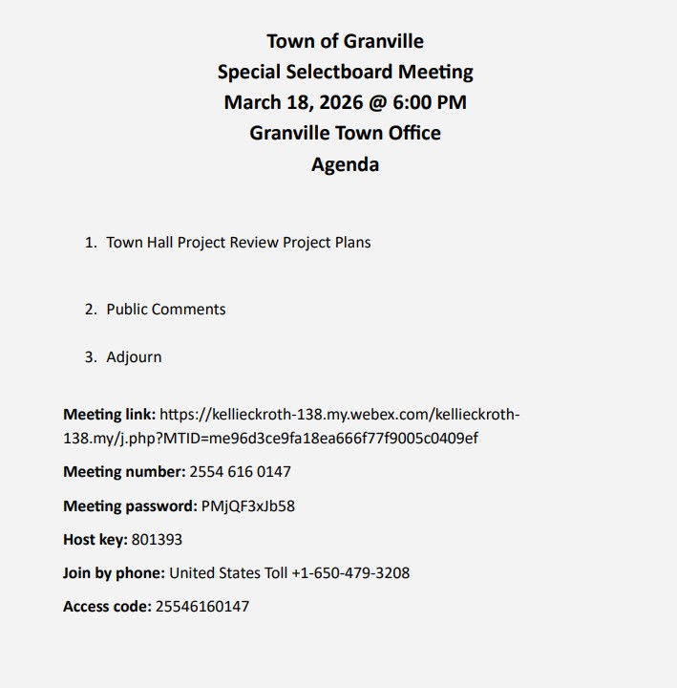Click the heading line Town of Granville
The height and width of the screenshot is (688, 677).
pyautogui.click(x=345, y=41)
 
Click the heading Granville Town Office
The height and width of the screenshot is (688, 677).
pyautogui.click(x=345, y=133)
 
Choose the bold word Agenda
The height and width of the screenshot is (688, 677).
pyautogui.click(x=345, y=164)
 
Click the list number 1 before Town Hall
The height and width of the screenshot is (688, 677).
pyautogui.click(x=90, y=243)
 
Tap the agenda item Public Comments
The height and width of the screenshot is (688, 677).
pyautogui.click(x=166, y=310)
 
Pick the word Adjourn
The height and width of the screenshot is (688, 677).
pyautogui.click(x=134, y=357)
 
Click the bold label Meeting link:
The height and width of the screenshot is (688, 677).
pyautogui.click(x=109, y=415)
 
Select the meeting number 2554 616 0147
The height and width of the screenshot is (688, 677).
pyautogui.click(x=241, y=472)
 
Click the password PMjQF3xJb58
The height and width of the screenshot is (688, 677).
pyautogui.click(x=248, y=506)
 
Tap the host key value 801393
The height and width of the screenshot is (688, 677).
pyautogui.click(x=157, y=540)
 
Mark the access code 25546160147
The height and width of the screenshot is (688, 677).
pyautogui.click(x=202, y=607)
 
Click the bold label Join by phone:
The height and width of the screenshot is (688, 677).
pyautogui.click(x=114, y=573)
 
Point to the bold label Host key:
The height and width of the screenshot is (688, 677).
pyautogui.click(x=95, y=540)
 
